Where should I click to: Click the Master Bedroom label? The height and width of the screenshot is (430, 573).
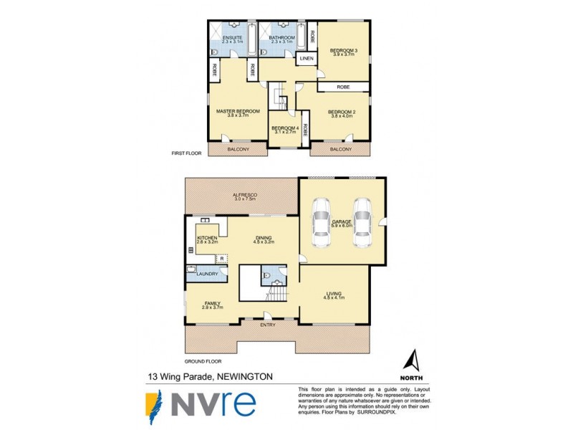tap(238, 112)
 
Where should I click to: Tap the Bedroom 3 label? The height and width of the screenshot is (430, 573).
tap(343, 50)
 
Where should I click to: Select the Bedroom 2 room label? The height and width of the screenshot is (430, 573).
tap(342, 112)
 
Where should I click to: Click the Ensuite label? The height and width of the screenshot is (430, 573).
tap(233, 37)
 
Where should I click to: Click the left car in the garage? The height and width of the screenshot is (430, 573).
tap(320, 223)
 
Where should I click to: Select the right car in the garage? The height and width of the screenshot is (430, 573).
tap(362, 223)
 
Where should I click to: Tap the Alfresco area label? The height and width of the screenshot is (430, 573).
tap(245, 195)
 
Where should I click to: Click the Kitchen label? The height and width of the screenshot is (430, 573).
tap(206, 237)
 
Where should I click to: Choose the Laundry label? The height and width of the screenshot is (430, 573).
tap(208, 274)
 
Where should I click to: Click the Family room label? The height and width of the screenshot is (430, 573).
tap(213, 303)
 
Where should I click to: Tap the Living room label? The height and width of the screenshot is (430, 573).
tap(334, 294)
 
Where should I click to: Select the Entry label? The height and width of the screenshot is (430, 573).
tap(267, 325)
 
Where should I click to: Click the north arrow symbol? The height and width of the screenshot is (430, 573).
tap(412, 361)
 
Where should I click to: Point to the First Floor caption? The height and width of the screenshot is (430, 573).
tap(186, 153)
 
